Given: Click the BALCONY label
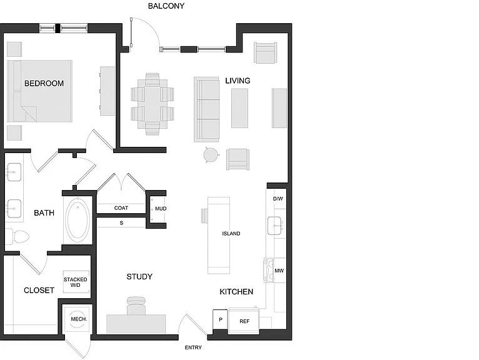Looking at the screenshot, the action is pos(166,6).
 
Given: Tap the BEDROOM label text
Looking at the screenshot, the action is pos(44,83).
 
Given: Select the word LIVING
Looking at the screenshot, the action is pos(238,81).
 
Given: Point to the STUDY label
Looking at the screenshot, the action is pos(139,277).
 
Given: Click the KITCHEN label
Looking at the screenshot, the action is pos(236,292).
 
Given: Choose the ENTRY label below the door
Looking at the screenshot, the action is pos(193,347).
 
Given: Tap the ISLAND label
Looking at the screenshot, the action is pos(231,234).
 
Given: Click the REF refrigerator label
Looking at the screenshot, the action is pos(244,321).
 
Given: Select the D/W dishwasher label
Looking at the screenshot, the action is pos(278,199).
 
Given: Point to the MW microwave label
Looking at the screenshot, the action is pos(279,271).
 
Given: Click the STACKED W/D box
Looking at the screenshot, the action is pos(76,282).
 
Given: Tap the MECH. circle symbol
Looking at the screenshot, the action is pos(77,319).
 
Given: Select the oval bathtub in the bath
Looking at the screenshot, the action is pos(77,219).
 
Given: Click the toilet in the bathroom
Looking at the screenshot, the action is pos(17,237).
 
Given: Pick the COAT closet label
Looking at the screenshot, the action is pos(121,208).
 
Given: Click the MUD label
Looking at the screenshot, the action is pos(161,209).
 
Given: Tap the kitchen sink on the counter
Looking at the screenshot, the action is pos(274,226).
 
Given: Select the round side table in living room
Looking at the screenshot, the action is pos(211,155).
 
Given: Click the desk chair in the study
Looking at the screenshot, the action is pos(136,305).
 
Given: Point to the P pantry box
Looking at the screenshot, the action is pos(220,319).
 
